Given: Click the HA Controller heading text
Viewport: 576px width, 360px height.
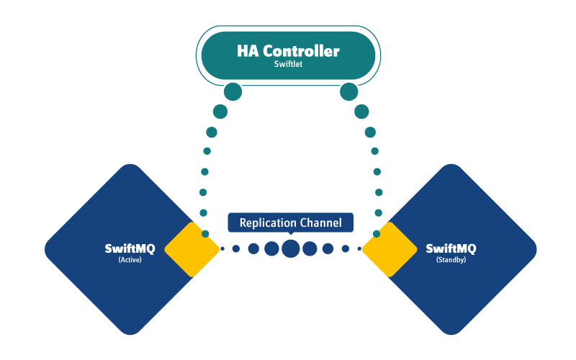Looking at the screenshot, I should coord(288,51).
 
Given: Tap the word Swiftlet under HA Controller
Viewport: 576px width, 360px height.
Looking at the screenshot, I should coord(288,64).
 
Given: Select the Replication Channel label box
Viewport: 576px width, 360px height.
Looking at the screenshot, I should coord(290,222).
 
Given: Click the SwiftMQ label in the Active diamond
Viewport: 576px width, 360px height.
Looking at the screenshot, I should coord(130,249).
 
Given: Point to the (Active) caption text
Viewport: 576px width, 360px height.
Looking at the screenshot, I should coord(130,260).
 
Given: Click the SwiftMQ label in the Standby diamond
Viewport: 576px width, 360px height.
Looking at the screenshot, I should coord(451,249).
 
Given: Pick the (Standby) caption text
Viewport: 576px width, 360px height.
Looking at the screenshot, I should coord(451,260).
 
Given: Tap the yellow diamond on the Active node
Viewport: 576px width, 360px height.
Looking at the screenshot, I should coord(192,249).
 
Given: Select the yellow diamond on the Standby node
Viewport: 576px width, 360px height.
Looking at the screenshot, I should coord(390,249).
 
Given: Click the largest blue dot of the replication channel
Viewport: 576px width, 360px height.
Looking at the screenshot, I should coord(290,248).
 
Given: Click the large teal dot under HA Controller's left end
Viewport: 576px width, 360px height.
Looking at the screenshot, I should coord(233,91).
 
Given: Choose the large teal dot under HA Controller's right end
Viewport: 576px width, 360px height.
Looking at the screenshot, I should coord(348,91).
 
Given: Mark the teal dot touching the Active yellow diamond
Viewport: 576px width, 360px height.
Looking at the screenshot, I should coord(205,234).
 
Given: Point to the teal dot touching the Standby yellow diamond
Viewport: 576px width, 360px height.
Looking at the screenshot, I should coord(377,234).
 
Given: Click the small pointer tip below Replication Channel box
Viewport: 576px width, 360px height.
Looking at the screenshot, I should coord(290,235).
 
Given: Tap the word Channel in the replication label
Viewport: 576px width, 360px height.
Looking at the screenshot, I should coord(321,222).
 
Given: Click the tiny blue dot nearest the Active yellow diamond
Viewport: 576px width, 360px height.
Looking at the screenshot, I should coord(222,249).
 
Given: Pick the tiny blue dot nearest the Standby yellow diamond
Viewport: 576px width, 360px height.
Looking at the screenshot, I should coord(359,249).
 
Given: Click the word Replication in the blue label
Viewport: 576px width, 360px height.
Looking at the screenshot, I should coord(266,222).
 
